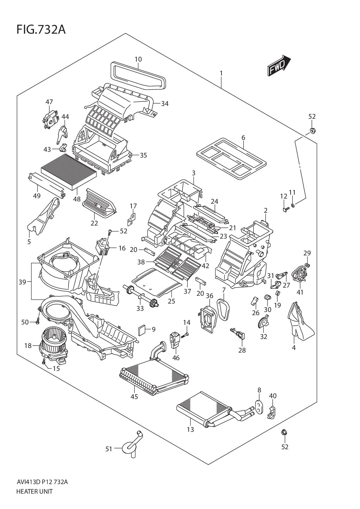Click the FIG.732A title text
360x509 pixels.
tap(41, 30)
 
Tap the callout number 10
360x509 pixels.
tap(138, 59)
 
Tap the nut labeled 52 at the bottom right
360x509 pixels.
tap(284, 433)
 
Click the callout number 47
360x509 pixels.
tap(49, 102)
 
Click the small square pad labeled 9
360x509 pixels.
tap(142, 330)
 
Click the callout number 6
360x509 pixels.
tap(243, 138)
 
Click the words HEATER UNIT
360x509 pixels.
tap(35, 492)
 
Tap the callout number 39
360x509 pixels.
tap(22, 282)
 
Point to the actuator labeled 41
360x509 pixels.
tap(299, 275)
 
